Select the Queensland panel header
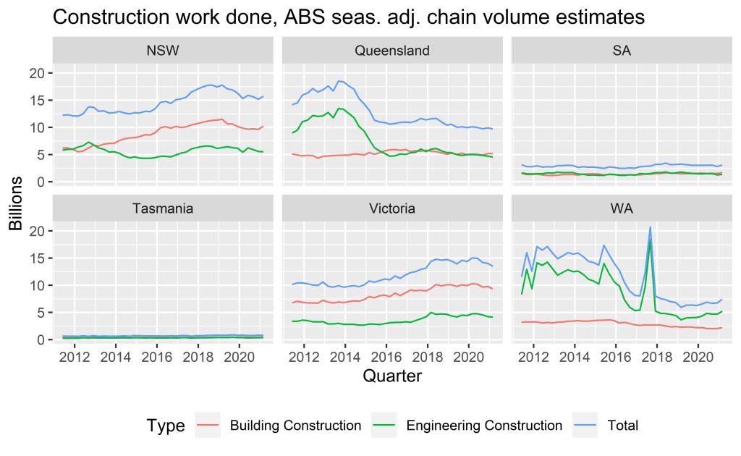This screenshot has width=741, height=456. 392,51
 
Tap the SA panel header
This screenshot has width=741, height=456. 622,51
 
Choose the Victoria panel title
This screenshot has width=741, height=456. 392,208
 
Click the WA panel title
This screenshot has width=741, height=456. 622,208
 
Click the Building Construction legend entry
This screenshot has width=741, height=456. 295,426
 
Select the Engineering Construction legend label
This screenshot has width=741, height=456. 483,426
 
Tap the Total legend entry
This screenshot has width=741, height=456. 623,426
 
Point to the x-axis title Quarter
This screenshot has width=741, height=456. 392,376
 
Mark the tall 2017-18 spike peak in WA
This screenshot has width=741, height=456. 651,227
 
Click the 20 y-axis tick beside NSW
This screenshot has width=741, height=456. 36,73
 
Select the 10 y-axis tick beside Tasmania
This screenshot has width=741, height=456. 36,285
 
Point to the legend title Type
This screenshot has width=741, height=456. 166,426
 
